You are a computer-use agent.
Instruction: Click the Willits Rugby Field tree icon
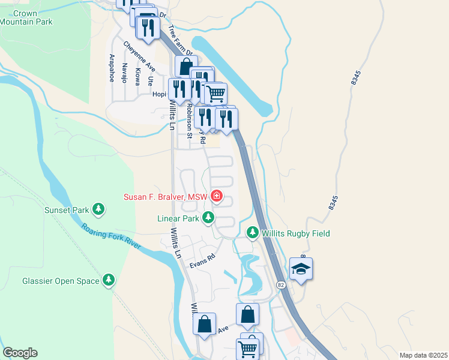(x=253, y=232)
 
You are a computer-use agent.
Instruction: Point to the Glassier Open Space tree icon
(x=109, y=280)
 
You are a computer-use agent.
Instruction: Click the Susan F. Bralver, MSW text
(x=165, y=196)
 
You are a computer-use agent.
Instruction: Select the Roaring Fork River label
(x=112, y=237)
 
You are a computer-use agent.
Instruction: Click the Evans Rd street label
(x=202, y=258)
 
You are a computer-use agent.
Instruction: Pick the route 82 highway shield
(x=280, y=284)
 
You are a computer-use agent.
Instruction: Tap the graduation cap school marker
(x=300, y=270)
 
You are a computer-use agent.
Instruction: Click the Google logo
(x=20, y=352)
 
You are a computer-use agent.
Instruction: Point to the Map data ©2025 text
(x=423, y=355)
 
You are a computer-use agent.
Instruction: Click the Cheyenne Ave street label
(x=139, y=55)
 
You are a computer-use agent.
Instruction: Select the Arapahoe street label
(x=112, y=68)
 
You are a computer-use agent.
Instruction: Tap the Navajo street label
(x=125, y=73)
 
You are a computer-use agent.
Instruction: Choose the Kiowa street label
(x=137, y=76)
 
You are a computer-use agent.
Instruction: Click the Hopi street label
(x=159, y=94)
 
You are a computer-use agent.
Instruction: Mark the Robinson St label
(x=188, y=121)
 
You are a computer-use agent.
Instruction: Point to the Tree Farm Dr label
(x=179, y=40)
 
